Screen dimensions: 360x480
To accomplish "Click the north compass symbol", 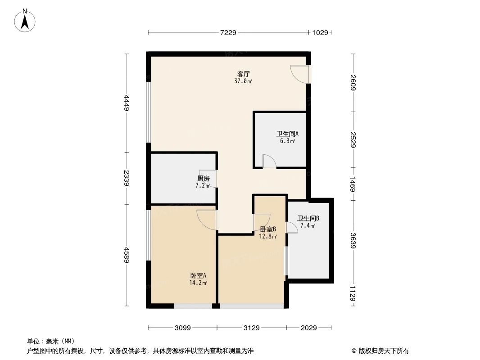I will tap(26, 20).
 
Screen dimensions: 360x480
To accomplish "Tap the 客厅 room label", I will tap(244, 74).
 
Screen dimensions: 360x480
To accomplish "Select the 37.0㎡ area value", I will tap(243, 81).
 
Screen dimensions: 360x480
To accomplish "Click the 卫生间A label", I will tap(287, 134).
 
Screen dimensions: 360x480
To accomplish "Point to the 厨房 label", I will tap(203, 178).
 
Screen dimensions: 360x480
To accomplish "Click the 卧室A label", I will tap(198, 275).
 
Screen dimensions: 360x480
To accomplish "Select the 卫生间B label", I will tap(308, 219).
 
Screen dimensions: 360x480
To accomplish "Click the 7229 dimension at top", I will tap(228, 32).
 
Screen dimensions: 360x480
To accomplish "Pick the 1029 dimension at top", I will tap(320, 32).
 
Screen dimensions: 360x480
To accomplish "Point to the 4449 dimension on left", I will tap(127, 103).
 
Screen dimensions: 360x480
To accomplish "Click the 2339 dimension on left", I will tap(127, 178).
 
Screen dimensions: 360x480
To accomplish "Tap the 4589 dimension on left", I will tap(127, 255).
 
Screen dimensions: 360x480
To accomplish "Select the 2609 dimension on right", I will tap(353, 82).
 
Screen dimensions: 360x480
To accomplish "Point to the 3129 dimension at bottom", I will tap(252, 328).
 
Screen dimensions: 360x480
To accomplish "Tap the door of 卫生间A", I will tap(269, 162).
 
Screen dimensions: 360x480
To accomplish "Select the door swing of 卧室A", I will tap(207, 219).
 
